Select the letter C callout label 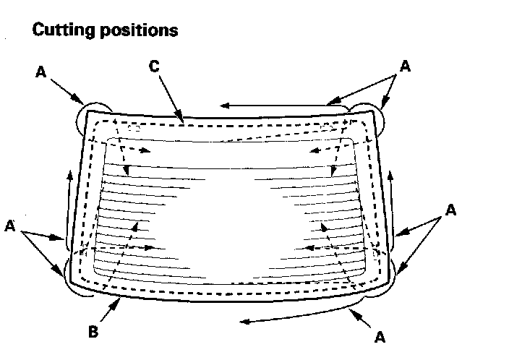[x=153, y=66]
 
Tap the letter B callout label [x=93, y=333]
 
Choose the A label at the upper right [x=405, y=66]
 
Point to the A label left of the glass [x=11, y=226]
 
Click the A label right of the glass [x=450, y=210]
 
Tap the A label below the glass [x=379, y=336]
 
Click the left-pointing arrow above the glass [x=275, y=105]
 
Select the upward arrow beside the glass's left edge [x=69, y=206]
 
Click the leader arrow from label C [x=170, y=93]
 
